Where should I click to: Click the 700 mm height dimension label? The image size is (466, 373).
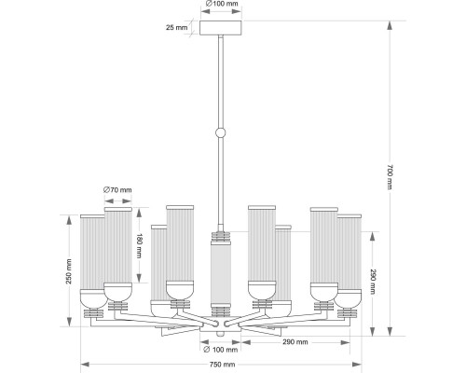click(x=390, y=177)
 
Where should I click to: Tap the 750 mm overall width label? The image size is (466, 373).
click(x=223, y=365)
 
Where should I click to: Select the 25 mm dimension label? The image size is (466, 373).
click(x=176, y=27)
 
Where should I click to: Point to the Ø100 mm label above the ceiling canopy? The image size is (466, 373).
click(x=222, y=4)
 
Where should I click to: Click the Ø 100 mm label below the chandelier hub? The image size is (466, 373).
click(x=221, y=350)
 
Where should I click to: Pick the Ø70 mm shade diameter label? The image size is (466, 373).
click(x=117, y=189)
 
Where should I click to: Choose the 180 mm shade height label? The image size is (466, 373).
click(x=139, y=246)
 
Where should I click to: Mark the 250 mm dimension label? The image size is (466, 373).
click(x=69, y=271)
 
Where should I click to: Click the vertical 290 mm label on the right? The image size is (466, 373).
click(x=373, y=282)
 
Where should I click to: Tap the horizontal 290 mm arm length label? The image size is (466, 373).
click(x=295, y=342)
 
